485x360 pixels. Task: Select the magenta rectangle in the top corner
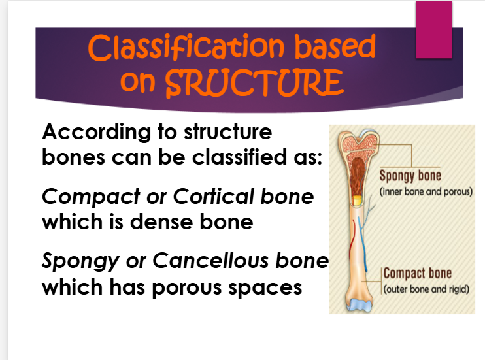coord(435,30)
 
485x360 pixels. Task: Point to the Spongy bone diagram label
coord(410,176)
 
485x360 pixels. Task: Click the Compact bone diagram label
coord(417,274)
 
